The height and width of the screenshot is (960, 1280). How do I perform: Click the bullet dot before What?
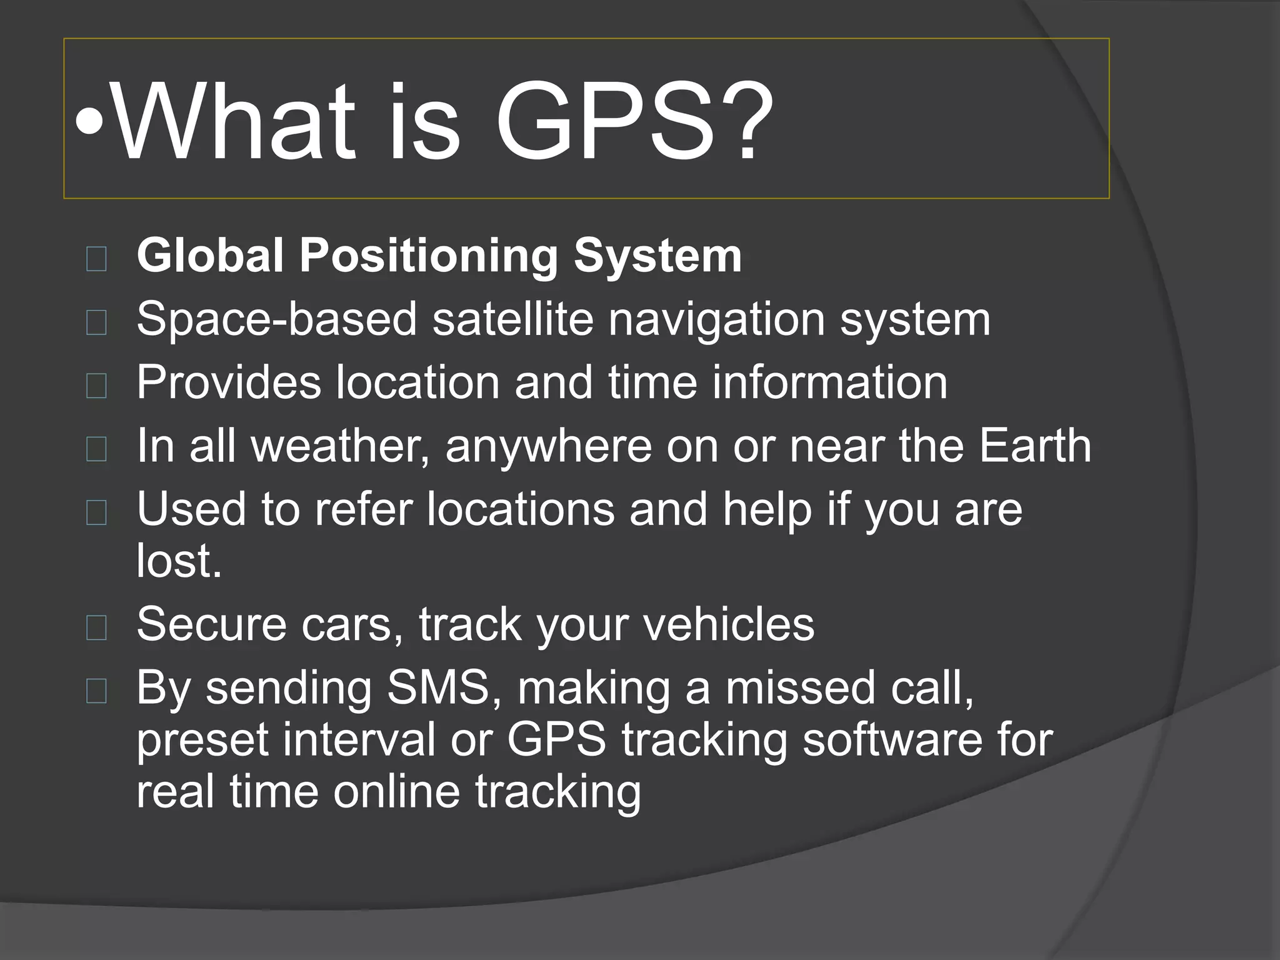click(89, 122)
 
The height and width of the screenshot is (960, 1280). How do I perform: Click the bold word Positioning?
click(429, 257)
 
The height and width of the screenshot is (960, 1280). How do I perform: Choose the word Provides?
click(229, 382)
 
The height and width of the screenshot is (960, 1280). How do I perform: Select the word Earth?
click(1035, 446)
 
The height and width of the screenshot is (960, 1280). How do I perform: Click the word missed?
click(801, 687)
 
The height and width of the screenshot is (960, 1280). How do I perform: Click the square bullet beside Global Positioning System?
click(96, 258)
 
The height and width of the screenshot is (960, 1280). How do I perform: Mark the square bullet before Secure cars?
click(96, 627)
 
